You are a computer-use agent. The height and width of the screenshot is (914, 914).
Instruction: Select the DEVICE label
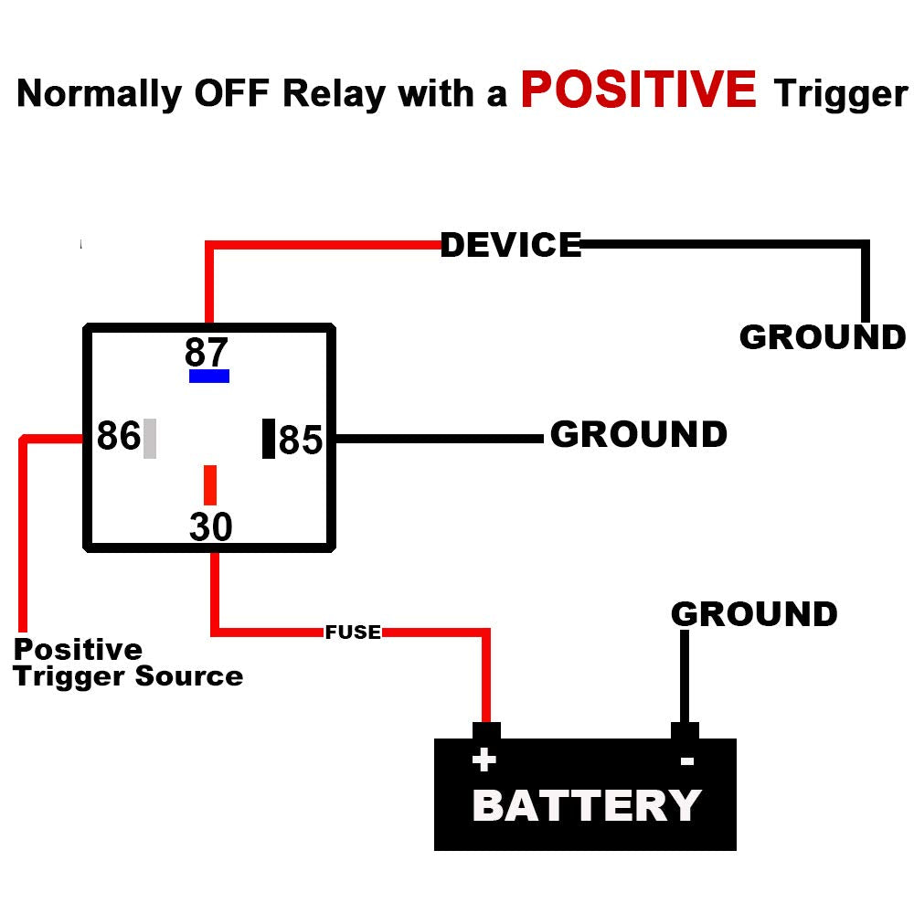[511, 245]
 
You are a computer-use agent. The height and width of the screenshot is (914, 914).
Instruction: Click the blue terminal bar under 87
[209, 376]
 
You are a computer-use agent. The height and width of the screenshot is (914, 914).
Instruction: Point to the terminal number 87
[207, 352]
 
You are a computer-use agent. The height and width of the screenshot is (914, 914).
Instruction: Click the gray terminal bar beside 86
[150, 438]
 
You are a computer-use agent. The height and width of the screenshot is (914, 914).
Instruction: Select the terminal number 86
[119, 437]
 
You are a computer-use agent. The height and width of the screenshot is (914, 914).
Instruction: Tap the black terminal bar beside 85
[269, 439]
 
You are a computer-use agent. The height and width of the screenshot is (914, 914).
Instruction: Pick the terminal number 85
[301, 440]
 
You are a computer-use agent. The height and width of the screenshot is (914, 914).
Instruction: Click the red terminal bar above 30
[210, 484]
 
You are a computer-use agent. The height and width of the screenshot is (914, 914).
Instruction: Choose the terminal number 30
[211, 527]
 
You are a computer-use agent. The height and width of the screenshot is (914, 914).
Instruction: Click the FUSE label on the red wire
[353, 632]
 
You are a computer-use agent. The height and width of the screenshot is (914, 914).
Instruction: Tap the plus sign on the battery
[484, 760]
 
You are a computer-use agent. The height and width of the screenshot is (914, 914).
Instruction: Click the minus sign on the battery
[687, 760]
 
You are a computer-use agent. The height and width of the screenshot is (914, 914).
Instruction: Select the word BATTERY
[587, 805]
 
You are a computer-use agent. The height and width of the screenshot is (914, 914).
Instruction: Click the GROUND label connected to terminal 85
[639, 435]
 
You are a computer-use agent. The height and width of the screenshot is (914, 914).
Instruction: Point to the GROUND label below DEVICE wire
[822, 337]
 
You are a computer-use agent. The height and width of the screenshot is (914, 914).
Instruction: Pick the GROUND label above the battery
[754, 614]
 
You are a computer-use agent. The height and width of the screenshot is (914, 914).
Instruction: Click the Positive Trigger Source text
[128, 663]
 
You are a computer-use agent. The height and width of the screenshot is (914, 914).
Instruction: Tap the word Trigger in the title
[840, 94]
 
